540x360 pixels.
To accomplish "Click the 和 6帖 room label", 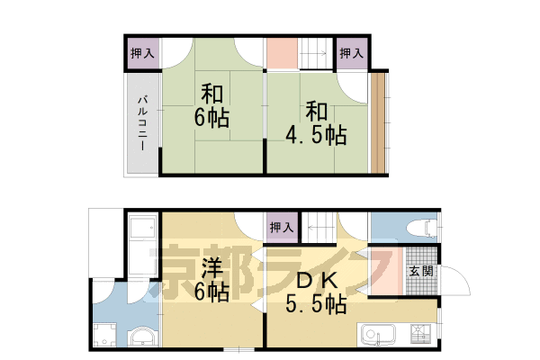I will tap(212, 105).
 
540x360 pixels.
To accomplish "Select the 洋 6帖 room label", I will tap(212, 280).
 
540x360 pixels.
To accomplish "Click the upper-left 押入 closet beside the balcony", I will tap(142, 54).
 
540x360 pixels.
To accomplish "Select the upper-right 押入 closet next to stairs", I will tap(352, 54).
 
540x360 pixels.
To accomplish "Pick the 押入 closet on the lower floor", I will tap(281, 228).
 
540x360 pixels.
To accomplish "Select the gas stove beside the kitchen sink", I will tap(418, 336).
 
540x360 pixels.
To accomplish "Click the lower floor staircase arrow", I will tap(319, 228).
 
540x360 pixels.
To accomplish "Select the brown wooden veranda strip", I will tap(378, 121).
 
